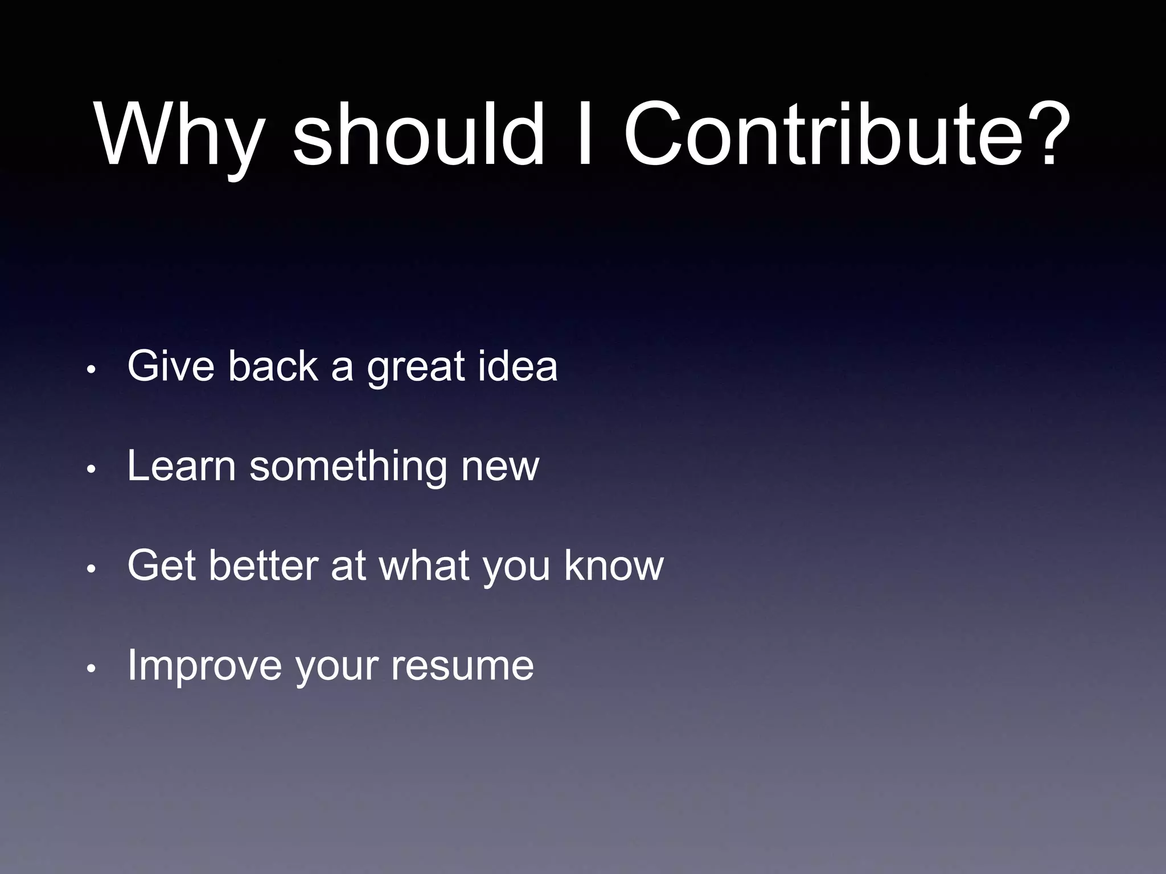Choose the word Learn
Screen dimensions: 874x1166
point(181,466)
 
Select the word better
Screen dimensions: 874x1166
point(262,566)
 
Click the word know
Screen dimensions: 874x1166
point(614,566)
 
